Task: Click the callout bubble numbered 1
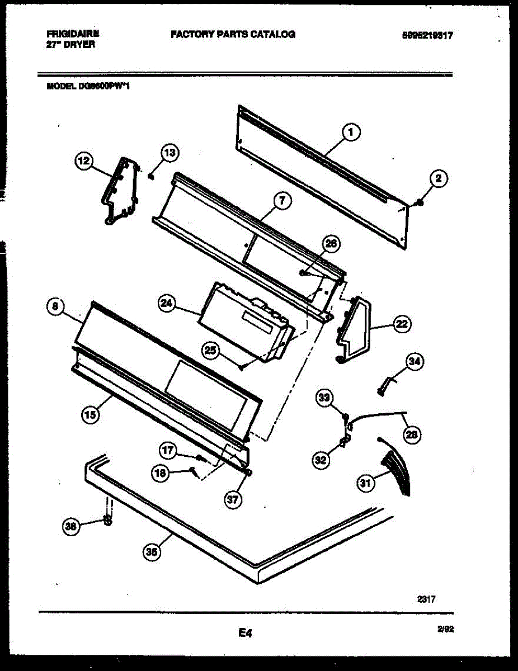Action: coord(350,133)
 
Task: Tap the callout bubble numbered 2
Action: coord(439,179)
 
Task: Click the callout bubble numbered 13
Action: coord(169,152)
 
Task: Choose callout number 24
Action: coord(167,304)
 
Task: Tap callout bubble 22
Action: coord(402,324)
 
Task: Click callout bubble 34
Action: coord(413,362)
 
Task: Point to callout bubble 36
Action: coord(152,552)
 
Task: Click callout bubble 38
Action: coord(70,526)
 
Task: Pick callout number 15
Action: coord(90,414)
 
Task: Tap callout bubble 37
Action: coord(233,500)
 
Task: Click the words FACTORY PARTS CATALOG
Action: coord(233,35)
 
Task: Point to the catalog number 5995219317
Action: coord(427,35)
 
